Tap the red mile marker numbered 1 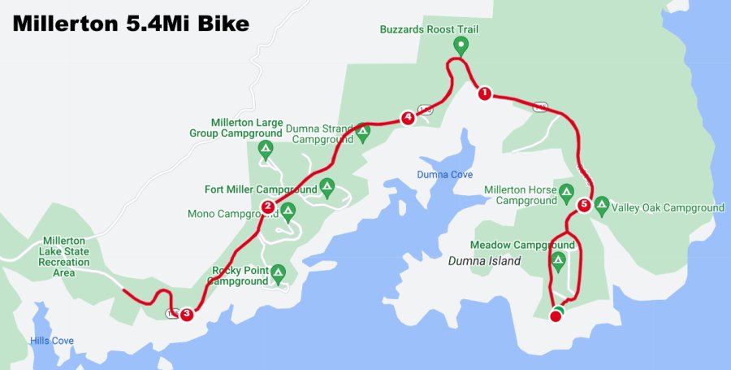click(484, 94)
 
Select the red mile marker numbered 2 click(268, 206)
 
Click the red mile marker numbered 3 click(187, 313)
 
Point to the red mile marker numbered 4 click(408, 118)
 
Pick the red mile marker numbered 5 click(583, 205)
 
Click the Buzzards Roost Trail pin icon click(461, 46)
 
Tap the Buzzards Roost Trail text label click(430, 29)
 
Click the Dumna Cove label click(444, 175)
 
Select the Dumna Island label click(483, 261)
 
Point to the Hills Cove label click(52, 341)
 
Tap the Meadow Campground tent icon click(558, 260)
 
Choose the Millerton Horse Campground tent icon click(567, 192)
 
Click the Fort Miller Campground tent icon click(327, 186)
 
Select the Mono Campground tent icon click(288, 211)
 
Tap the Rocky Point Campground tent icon click(278, 271)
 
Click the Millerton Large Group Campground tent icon click(265, 149)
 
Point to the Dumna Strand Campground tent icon click(362, 130)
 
